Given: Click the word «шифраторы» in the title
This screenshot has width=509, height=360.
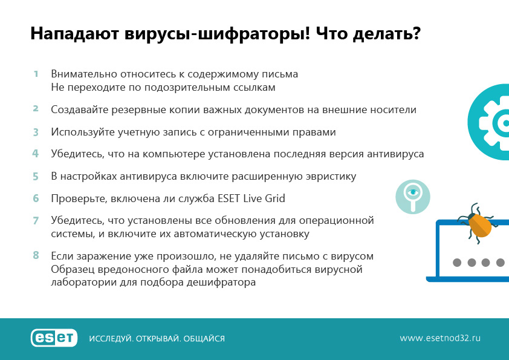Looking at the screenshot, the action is (x=254, y=34).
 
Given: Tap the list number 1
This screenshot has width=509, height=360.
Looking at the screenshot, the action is (x=36, y=74).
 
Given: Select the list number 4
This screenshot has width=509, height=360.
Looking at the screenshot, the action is (x=36, y=153).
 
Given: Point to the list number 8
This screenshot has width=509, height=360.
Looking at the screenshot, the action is (x=36, y=255).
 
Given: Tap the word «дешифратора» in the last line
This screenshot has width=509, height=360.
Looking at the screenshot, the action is (x=221, y=282).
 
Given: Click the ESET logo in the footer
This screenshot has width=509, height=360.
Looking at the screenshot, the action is (x=54, y=338).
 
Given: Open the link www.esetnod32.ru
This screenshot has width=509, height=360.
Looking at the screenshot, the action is (x=440, y=338).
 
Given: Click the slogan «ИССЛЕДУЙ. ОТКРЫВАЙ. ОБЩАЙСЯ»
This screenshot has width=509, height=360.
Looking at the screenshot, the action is (x=157, y=339).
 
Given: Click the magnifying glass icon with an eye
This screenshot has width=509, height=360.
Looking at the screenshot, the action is (x=413, y=197).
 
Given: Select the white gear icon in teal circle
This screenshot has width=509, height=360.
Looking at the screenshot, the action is (x=494, y=122).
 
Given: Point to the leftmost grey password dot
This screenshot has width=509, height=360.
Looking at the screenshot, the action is (x=457, y=263).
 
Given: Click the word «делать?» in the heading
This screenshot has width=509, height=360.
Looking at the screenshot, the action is (x=387, y=34).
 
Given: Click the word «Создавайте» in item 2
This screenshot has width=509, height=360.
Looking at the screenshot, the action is (x=80, y=110).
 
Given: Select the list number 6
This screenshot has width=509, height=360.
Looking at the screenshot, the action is (x=36, y=198).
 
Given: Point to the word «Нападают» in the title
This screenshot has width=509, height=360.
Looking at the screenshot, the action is (x=75, y=34).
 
